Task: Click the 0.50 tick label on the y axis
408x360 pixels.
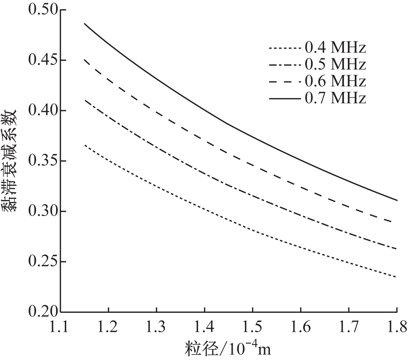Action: click(x=42, y=10)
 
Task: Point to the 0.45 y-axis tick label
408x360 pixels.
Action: click(x=42, y=60)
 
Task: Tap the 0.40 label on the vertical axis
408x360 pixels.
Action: click(x=42, y=111)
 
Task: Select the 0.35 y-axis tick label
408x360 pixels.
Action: click(x=42, y=161)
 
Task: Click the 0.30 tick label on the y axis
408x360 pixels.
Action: click(x=42, y=211)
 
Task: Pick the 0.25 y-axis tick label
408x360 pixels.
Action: click(x=42, y=262)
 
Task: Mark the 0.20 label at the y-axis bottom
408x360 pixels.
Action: click(x=42, y=312)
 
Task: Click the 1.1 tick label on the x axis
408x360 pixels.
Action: click(x=61, y=327)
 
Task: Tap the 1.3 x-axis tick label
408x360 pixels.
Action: click(x=156, y=327)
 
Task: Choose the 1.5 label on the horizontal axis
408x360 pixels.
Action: click(x=252, y=327)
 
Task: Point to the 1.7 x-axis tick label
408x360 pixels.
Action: click(x=349, y=327)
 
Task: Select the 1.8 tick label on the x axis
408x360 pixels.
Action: click(x=396, y=327)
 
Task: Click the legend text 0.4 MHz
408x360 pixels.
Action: click(x=335, y=47)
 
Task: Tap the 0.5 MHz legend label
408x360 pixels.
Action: click(x=335, y=64)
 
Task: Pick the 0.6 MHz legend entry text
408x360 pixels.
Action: click(x=335, y=81)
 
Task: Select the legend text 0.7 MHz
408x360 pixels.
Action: click(x=335, y=98)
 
